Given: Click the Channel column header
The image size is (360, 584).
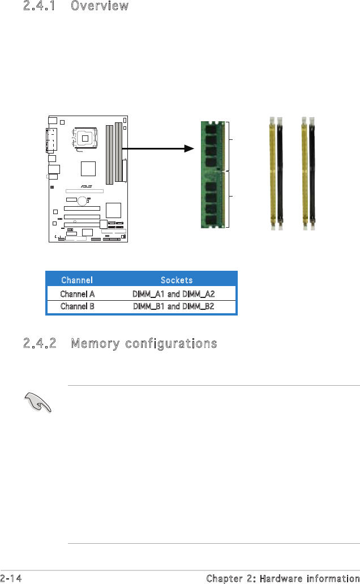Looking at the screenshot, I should (77, 280).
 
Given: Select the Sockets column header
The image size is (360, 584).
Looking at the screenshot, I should (177, 280).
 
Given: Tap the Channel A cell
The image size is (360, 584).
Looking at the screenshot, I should (77, 294).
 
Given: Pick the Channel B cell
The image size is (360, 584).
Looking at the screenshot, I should (77, 306).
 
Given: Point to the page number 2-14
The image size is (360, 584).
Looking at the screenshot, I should (13, 578).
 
